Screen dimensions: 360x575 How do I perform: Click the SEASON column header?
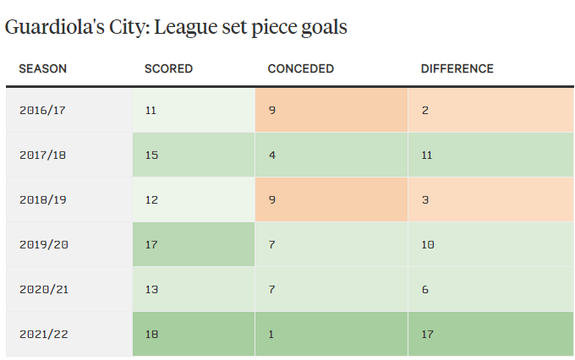(42, 68)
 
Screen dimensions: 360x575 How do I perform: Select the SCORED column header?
(168, 68)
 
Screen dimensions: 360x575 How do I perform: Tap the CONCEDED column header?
(300, 68)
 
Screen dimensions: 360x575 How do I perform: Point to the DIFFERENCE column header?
(457, 68)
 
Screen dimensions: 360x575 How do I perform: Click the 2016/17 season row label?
(42, 110)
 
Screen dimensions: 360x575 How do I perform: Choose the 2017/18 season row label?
(42, 155)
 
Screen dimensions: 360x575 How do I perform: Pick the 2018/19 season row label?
(42, 199)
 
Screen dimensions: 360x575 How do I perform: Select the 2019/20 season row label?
(42, 244)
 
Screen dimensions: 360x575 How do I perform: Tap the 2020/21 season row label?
(42, 289)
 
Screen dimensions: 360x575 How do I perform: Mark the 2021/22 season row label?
(42, 334)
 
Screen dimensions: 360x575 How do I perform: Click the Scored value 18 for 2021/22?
(151, 334)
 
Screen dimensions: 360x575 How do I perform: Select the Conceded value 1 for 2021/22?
(271, 334)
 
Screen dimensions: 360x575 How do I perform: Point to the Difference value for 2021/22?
(427, 334)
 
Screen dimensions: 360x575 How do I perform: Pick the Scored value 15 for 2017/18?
(151, 155)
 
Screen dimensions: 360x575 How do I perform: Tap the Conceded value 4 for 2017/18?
(271, 155)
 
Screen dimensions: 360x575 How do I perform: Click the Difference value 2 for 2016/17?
(424, 110)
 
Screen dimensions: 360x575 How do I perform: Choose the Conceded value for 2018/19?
(271, 199)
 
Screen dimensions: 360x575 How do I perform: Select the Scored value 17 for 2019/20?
(151, 244)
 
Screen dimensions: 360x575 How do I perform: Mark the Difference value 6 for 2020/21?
(424, 289)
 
